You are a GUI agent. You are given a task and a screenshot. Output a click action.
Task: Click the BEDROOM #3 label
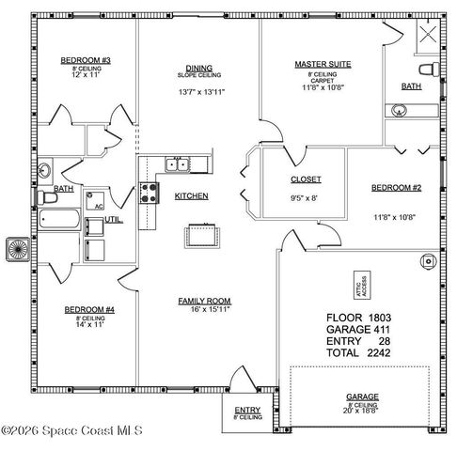pyautogui.click(x=86, y=61)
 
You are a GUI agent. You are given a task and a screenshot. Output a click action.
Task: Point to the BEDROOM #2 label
pyautogui.click(x=396, y=188)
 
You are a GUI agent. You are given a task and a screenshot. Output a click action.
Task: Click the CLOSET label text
pyautogui.click(x=306, y=179)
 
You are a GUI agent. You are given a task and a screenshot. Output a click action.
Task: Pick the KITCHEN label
pyautogui.click(x=191, y=196)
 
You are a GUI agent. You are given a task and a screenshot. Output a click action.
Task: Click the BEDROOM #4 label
pyautogui.click(x=88, y=309)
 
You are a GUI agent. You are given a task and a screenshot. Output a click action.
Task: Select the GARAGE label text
pyautogui.click(x=361, y=397)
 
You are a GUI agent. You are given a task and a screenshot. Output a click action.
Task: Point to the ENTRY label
pyautogui.click(x=247, y=410)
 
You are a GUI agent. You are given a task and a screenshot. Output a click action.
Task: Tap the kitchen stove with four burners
pyautogui.click(x=149, y=194)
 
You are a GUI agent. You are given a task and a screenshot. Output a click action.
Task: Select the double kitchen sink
pyautogui.click(x=176, y=165)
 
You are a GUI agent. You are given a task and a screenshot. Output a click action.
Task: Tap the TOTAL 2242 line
pyautogui.click(x=358, y=352)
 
